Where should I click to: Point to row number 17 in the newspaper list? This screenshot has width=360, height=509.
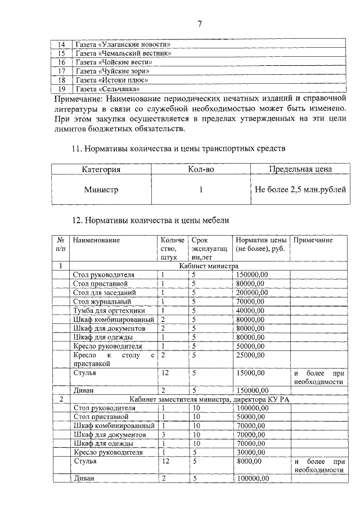(x=62, y=71)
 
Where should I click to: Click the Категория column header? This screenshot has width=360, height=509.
(x=101, y=169)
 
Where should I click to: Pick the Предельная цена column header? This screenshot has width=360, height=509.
(x=300, y=169)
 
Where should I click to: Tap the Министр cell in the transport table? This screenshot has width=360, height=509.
(x=101, y=190)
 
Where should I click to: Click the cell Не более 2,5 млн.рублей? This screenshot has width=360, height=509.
(x=300, y=190)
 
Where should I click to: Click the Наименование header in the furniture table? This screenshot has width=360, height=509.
(x=96, y=240)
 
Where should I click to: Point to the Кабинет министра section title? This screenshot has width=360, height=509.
(x=209, y=265)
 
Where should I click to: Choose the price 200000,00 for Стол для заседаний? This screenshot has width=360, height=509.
(x=252, y=292)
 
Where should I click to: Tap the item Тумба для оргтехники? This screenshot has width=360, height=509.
(x=109, y=310)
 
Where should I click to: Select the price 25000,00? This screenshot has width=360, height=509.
(x=250, y=355)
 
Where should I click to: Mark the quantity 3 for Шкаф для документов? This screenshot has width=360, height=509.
(x=163, y=434)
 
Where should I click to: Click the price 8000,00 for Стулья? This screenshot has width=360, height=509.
(x=248, y=461)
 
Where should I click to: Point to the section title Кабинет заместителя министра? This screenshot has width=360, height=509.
(x=209, y=399)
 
